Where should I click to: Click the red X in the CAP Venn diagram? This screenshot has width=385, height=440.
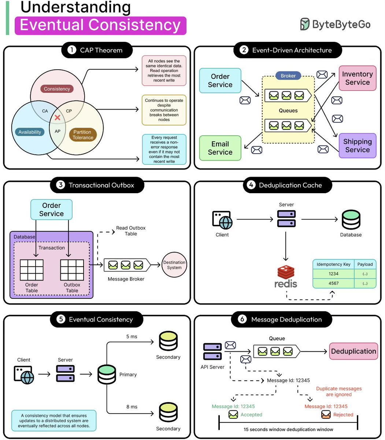57,117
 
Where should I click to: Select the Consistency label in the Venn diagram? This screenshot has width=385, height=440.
57,89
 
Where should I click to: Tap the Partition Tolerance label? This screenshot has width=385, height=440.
83,135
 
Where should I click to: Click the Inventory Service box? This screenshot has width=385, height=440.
357,78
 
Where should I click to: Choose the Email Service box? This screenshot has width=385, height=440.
220,148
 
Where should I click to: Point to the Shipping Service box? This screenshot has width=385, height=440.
358,146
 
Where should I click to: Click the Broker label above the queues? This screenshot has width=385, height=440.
288,76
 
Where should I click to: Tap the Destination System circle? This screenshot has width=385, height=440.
174,265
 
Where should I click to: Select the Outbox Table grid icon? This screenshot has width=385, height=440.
72,270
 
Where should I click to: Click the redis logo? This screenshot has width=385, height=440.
286,277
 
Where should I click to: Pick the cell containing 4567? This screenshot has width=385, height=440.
333,283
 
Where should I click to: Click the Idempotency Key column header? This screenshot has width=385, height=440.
333,264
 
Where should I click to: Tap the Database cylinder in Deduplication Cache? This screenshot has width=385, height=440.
351,220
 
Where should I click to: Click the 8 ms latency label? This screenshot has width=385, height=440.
132,407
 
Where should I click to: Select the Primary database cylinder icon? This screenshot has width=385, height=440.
107,374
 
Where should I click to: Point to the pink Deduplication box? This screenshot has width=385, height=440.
353,351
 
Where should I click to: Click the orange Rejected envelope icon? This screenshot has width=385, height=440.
326,415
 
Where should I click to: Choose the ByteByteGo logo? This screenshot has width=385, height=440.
335,24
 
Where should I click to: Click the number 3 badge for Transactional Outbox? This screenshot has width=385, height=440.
60,185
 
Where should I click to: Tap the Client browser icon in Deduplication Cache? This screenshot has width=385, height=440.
222,220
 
